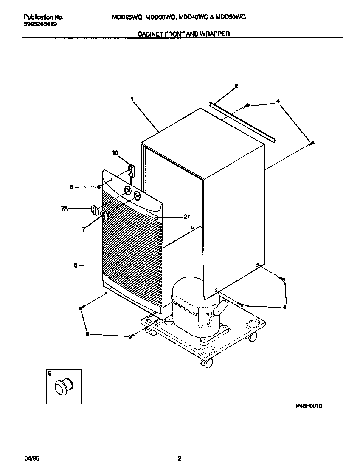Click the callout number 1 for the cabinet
[132, 99]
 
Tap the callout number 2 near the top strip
[236, 86]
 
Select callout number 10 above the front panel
[115, 153]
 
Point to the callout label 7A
[65, 208]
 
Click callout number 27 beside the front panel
[187, 217]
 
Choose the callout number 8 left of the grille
[76, 265]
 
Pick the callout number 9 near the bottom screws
[87, 334]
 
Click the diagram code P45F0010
[309, 406]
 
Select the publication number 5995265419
[41, 24]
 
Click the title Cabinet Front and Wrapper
[184, 34]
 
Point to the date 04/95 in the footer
[31, 459]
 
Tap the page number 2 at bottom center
[179, 459]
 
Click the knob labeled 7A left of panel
[95, 210]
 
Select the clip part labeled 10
[131, 171]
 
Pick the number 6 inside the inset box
[50, 373]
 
